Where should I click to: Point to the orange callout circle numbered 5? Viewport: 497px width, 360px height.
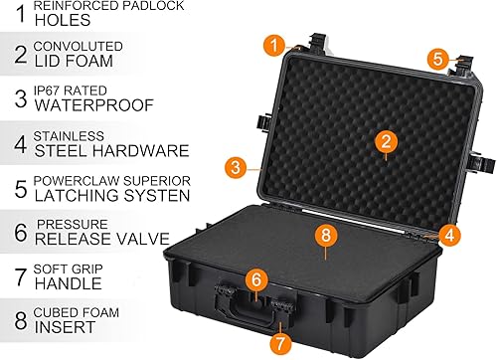tap(437, 59)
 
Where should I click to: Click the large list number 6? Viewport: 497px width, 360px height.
tap(17, 234)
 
